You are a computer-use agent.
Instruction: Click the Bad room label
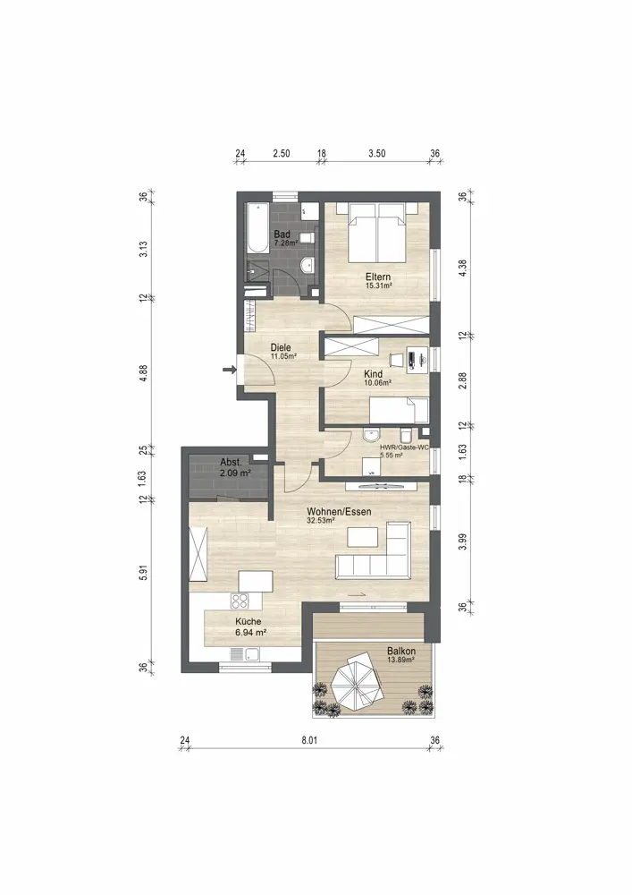(x=282, y=234)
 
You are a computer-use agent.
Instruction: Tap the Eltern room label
(x=378, y=277)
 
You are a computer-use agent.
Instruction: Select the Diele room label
(x=281, y=347)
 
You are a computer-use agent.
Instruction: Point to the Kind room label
(x=374, y=374)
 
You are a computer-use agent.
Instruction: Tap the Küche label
(x=249, y=622)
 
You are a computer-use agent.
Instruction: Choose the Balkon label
(x=401, y=651)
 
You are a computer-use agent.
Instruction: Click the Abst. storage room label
(x=231, y=463)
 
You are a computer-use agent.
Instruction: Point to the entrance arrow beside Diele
(x=229, y=370)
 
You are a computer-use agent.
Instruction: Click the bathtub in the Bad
(x=258, y=229)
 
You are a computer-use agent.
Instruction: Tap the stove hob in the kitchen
(x=240, y=601)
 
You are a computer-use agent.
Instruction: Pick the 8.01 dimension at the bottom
(x=309, y=740)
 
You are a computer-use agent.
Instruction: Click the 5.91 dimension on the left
(x=144, y=573)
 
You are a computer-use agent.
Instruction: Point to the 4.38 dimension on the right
(x=463, y=268)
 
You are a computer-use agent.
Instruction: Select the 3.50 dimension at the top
(x=376, y=153)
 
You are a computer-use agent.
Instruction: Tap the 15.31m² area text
(x=378, y=286)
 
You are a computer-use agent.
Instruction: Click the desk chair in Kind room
(x=396, y=359)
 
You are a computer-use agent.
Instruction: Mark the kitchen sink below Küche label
(x=246, y=655)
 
